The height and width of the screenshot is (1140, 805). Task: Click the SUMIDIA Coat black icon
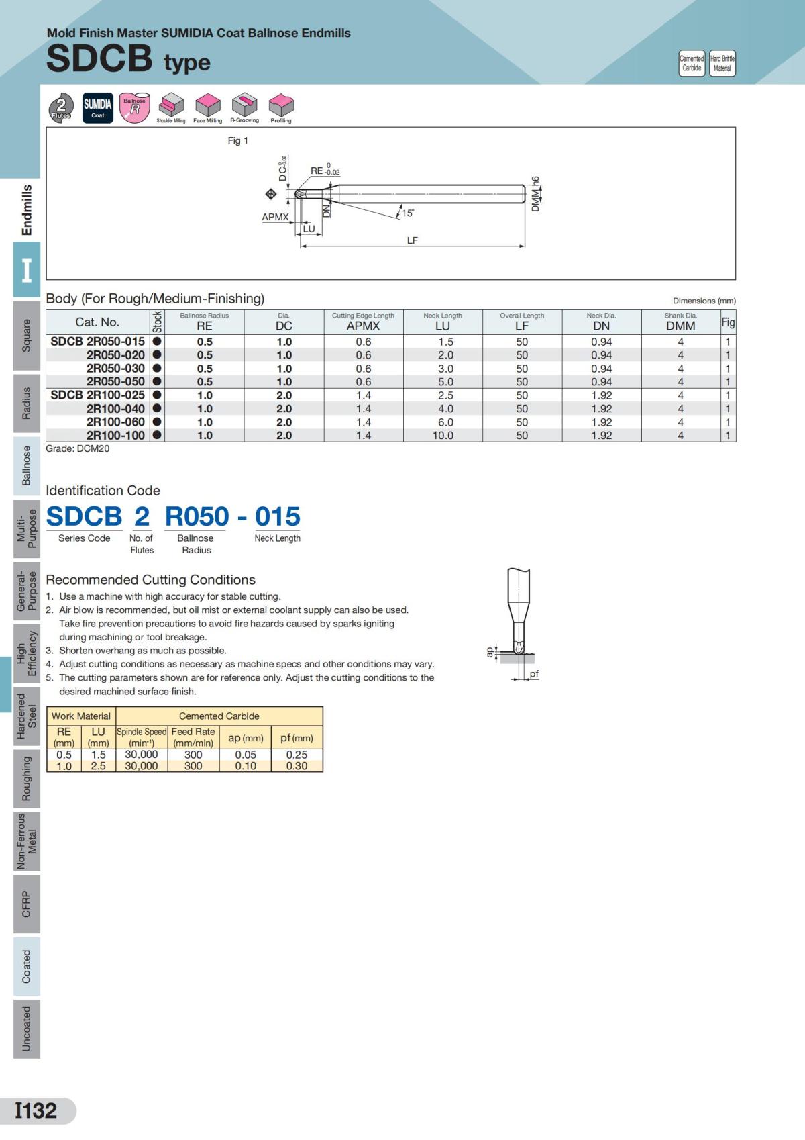tap(98, 107)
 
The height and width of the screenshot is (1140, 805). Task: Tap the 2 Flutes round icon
tap(62, 107)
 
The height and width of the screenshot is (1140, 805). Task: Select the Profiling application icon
tap(281, 107)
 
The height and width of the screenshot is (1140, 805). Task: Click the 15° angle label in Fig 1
tap(407, 213)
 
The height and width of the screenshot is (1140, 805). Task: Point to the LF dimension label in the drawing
tap(412, 240)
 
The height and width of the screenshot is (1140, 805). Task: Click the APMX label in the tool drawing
tap(275, 217)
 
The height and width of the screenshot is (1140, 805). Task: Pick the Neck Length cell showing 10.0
tap(443, 435)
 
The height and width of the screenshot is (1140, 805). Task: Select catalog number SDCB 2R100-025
tap(97, 395)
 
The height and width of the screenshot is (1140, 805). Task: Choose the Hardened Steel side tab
tap(27, 716)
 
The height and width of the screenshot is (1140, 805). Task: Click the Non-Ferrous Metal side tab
tap(27, 841)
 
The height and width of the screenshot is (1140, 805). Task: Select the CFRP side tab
tap(27, 904)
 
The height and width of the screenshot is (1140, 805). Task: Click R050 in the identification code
tap(197, 516)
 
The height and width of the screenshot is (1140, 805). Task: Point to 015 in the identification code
tap(277, 516)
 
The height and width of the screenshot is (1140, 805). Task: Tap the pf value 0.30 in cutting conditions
tap(297, 766)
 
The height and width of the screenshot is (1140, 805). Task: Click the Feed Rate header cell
tap(193, 737)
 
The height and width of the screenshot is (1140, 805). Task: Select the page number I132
tap(37, 1110)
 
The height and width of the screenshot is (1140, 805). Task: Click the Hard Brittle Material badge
tap(722, 63)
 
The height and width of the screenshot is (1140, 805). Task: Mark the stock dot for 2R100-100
tap(157, 435)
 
